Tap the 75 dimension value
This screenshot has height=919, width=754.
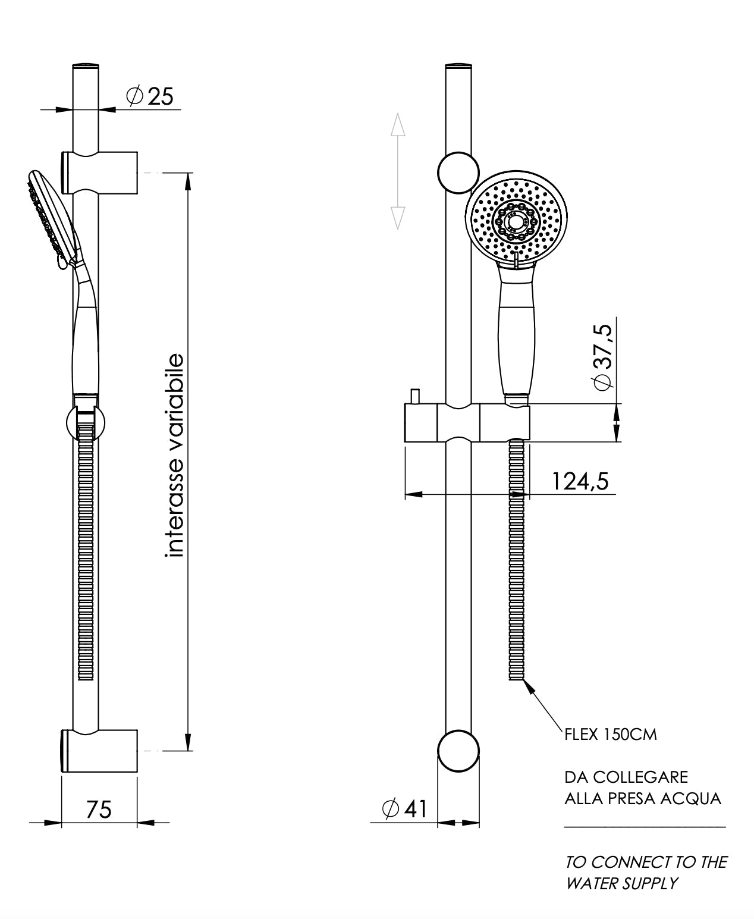pyautogui.click(x=99, y=809)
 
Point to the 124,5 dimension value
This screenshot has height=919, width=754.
pyautogui.click(x=580, y=481)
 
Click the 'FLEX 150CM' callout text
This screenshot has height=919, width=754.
pyautogui.click(x=611, y=735)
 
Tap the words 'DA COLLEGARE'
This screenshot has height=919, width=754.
pyautogui.click(x=626, y=777)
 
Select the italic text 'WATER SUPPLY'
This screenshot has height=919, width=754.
pyautogui.click(x=621, y=883)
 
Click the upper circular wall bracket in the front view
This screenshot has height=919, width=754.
pyautogui.click(x=458, y=172)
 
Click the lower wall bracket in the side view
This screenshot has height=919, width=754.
pyautogui.click(x=99, y=751)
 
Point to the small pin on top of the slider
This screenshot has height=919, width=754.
pyautogui.click(x=414, y=395)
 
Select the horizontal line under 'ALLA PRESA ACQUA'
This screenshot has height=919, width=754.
pyautogui.click(x=645, y=827)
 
